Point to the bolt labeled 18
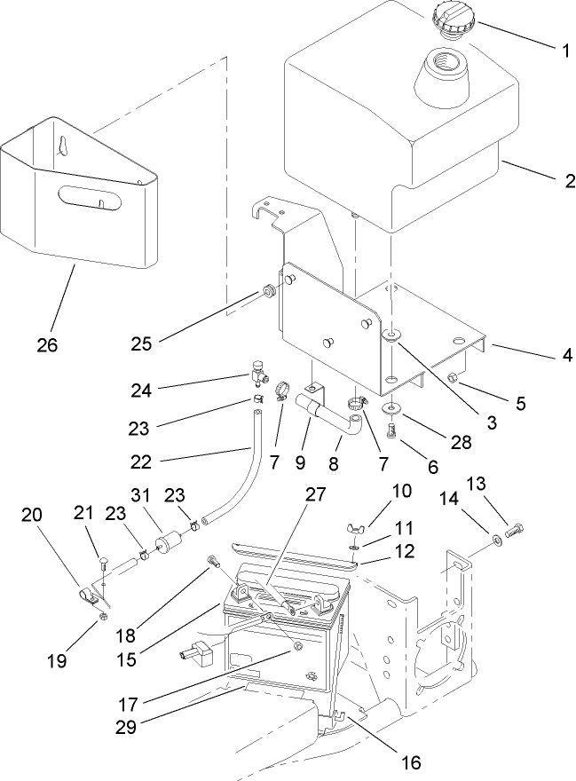(213, 560)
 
